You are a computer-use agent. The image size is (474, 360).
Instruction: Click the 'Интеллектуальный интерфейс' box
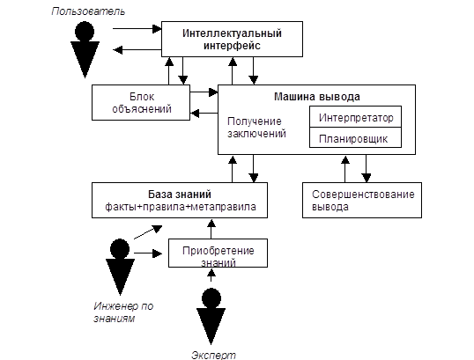click(x=232, y=39)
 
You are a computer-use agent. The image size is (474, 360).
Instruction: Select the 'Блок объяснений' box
click(x=141, y=102)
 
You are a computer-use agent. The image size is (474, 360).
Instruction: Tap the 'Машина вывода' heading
click(x=317, y=97)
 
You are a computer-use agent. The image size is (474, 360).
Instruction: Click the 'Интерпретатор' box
click(x=356, y=117)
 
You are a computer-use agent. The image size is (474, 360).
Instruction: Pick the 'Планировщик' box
click(x=356, y=137)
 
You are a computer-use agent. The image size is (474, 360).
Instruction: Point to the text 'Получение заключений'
click(x=256, y=127)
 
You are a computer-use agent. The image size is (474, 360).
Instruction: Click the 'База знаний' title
click(x=180, y=195)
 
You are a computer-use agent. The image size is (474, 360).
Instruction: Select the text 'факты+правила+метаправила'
click(x=181, y=207)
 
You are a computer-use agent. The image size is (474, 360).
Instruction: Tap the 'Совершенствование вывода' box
click(x=362, y=200)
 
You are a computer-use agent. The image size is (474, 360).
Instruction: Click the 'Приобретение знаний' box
click(x=218, y=253)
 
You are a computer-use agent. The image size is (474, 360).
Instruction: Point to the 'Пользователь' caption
click(x=88, y=11)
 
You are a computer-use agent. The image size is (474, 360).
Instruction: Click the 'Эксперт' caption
click(x=213, y=356)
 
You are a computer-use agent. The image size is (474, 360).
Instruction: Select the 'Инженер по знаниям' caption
click(x=123, y=312)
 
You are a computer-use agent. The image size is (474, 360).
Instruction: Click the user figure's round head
click(x=85, y=31)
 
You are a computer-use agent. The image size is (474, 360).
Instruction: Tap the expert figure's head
click(x=211, y=298)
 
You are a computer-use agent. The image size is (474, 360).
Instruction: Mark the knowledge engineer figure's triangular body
click(x=120, y=275)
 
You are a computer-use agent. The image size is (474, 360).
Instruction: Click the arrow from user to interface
click(x=137, y=29)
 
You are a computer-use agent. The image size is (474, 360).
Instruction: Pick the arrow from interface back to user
click(x=137, y=50)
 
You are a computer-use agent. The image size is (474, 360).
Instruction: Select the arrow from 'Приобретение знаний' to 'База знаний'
click(x=211, y=229)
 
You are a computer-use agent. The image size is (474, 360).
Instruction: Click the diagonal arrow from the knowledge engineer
click(x=148, y=232)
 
